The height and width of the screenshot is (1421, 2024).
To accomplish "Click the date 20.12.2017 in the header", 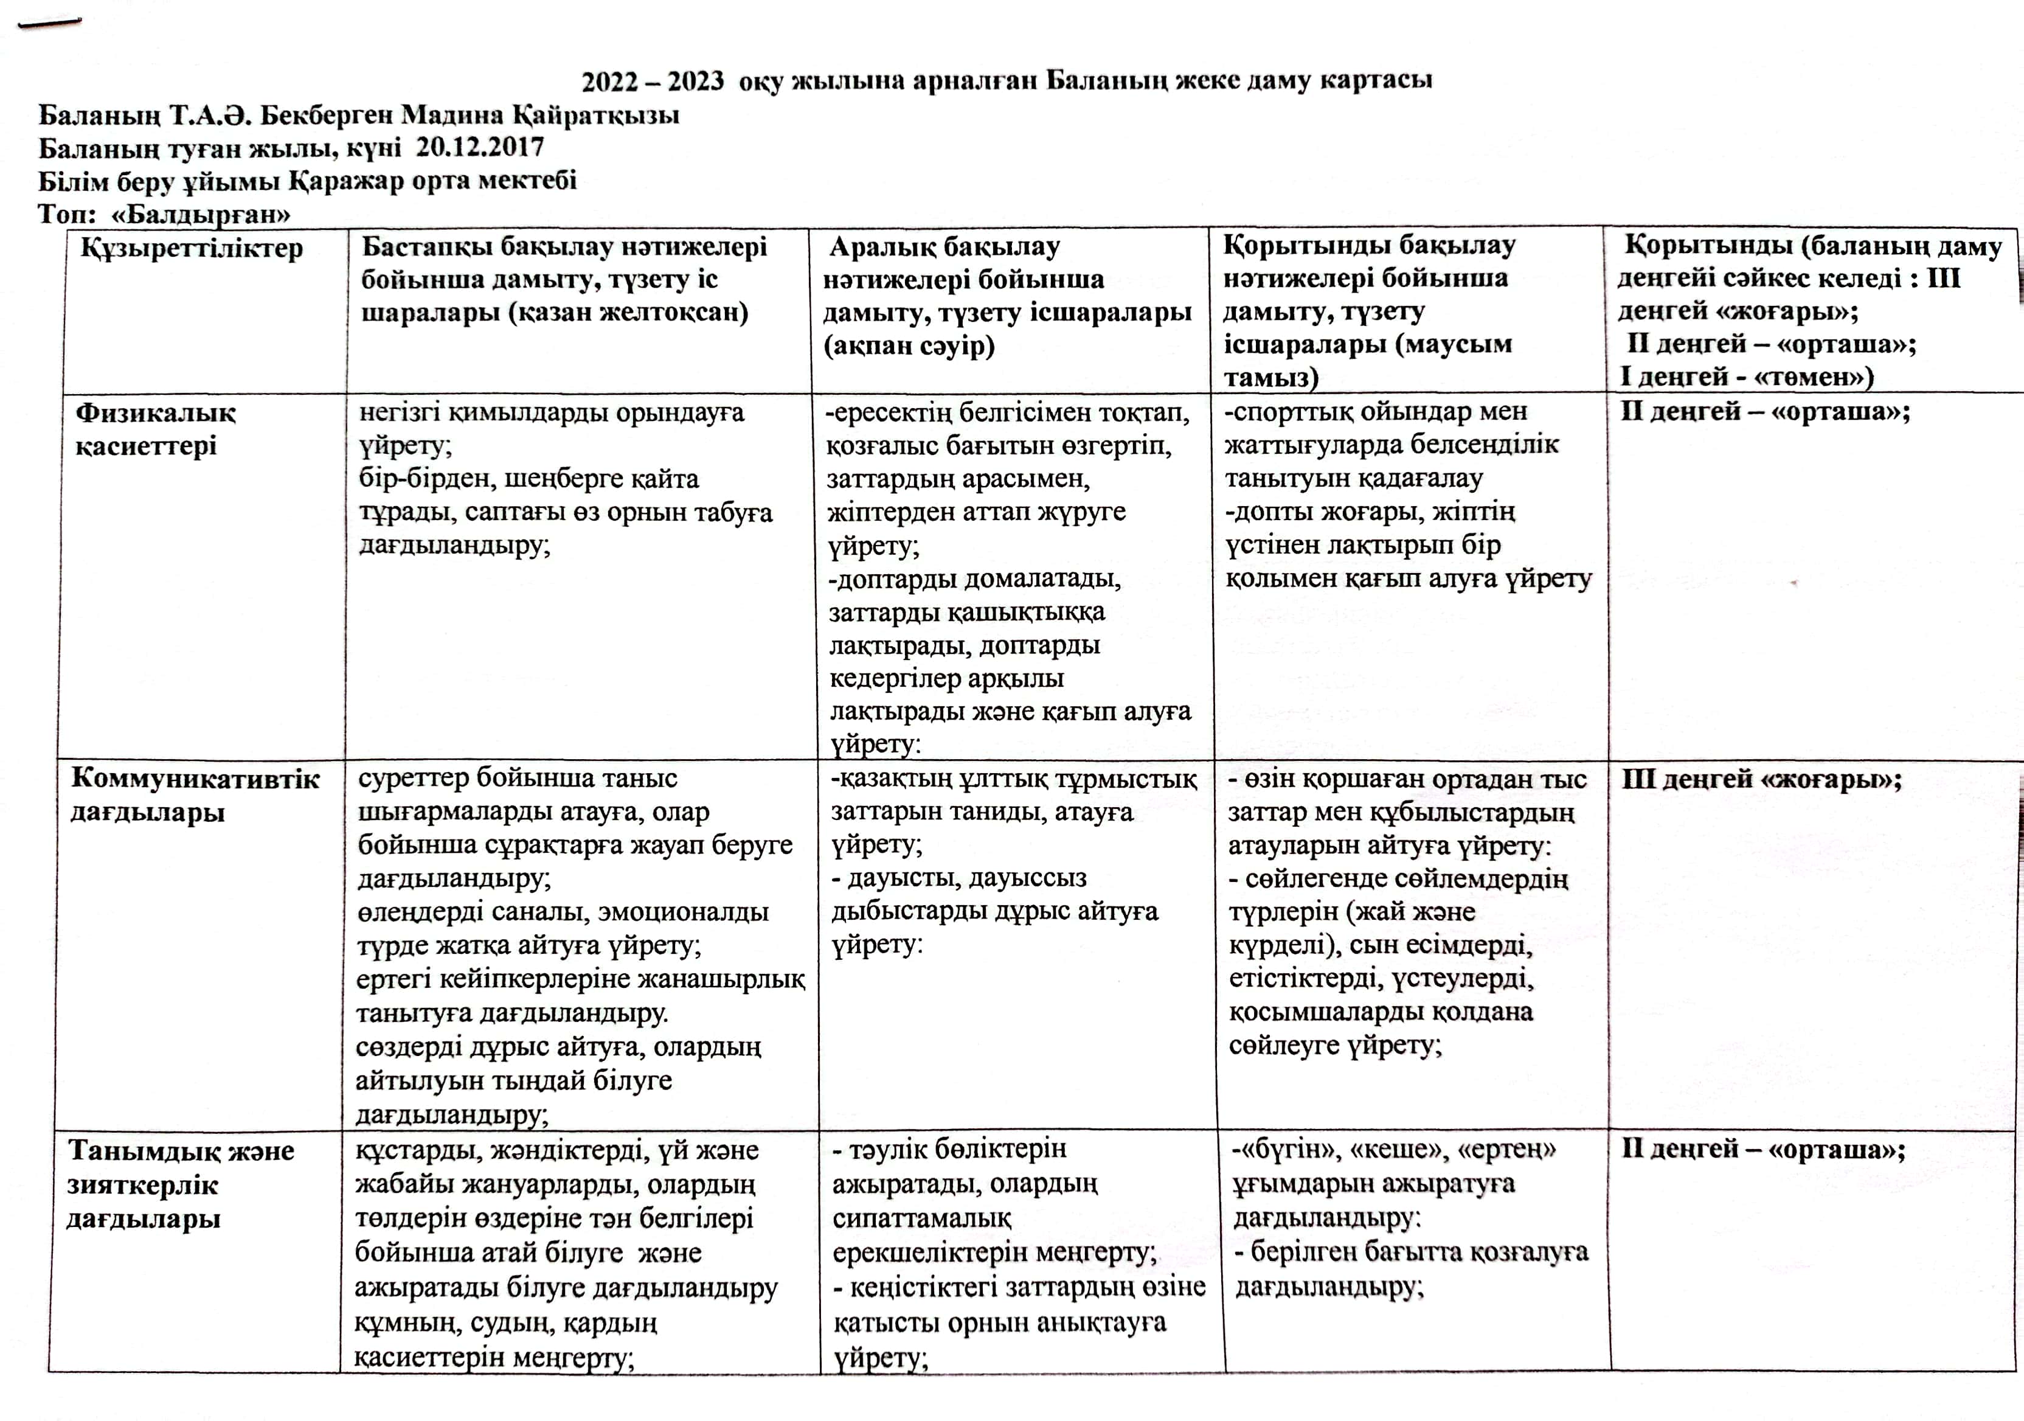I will [x=480, y=147].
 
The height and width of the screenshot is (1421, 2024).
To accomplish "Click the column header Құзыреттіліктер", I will [x=192, y=249].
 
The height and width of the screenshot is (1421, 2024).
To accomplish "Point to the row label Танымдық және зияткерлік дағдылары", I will [x=180, y=1184].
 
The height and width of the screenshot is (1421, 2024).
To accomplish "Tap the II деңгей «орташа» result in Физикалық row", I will [x=1765, y=412].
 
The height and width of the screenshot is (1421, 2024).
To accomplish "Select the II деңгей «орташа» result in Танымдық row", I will [x=1763, y=1150].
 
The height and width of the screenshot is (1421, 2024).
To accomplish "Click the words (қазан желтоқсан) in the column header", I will [x=628, y=313].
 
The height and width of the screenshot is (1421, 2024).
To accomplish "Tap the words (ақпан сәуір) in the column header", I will [x=909, y=346].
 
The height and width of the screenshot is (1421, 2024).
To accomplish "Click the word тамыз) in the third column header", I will [x=1270, y=378].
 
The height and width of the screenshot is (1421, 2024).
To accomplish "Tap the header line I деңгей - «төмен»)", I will [x=1746, y=377].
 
